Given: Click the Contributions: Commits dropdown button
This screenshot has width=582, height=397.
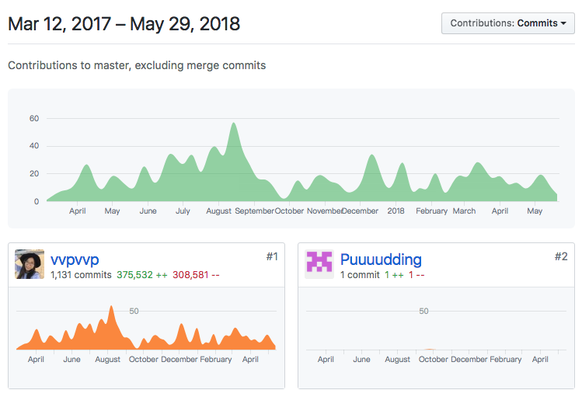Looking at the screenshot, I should click(507, 23).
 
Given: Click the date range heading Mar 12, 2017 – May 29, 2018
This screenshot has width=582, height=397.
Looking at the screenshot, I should click(124, 24).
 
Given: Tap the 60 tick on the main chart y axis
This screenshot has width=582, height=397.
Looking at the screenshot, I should click(34, 119).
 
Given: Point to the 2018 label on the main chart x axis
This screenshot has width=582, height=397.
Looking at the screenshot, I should click(396, 211).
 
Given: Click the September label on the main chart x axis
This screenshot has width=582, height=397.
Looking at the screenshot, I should click(254, 211).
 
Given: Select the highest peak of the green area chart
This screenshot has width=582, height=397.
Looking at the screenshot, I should click(233, 124).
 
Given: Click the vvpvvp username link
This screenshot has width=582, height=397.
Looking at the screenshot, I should click(75, 259).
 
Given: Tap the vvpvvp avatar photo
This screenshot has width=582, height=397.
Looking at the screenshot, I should click(30, 264).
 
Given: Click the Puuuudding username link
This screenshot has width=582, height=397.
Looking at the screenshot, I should click(381, 259).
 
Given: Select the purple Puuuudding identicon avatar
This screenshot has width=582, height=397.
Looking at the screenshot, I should click(319, 264).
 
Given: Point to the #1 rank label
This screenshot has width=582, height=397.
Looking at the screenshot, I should click(271, 256).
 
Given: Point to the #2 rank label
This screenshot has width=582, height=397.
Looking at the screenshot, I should click(561, 256).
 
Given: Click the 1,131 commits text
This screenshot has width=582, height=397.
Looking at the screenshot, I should click(81, 275).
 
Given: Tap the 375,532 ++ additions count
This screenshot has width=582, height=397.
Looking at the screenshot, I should click(142, 275).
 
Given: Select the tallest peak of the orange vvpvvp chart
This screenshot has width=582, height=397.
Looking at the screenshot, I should click(112, 308).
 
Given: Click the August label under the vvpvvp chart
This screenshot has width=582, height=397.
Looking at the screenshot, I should click(108, 360).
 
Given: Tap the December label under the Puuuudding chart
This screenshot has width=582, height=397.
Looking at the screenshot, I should click(469, 360).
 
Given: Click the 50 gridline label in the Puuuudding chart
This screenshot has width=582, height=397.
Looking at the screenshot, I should click(423, 312).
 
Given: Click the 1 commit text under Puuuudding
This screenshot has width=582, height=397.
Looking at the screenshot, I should click(360, 275).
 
